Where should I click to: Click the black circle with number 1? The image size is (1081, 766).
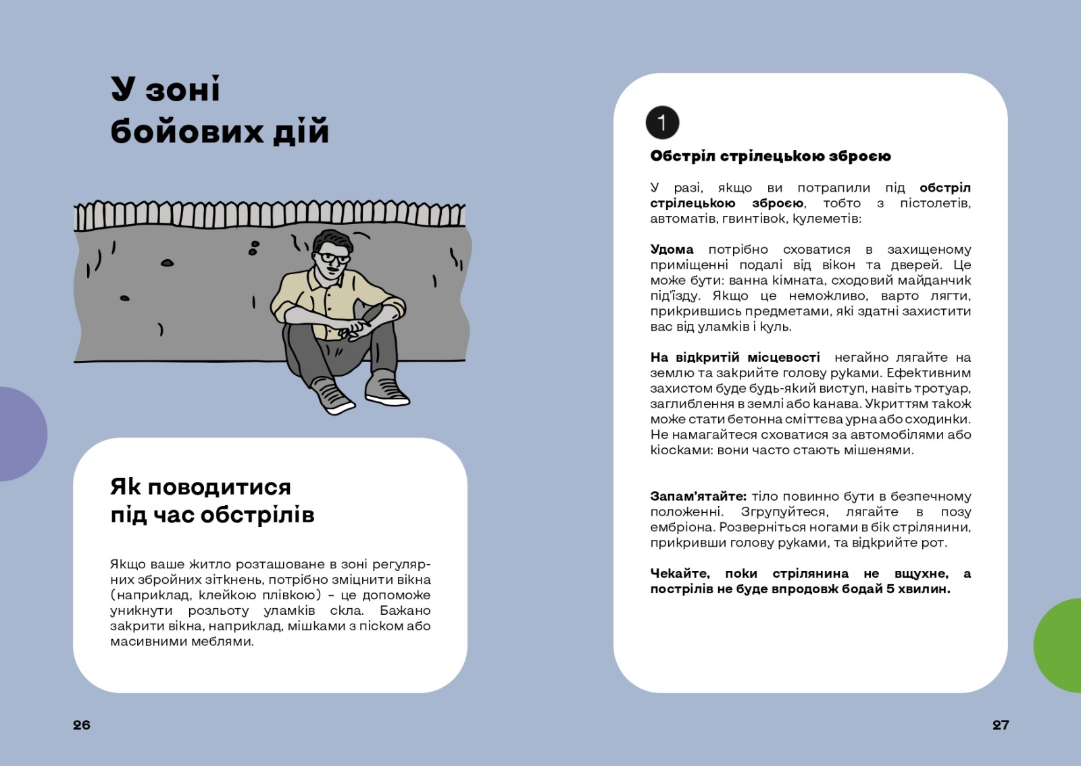[662, 122]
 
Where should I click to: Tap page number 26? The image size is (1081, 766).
[82, 725]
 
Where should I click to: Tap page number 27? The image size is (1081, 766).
[1000, 725]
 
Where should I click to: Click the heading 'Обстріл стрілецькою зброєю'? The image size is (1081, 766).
[770, 156]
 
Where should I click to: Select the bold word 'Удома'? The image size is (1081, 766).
[672, 250]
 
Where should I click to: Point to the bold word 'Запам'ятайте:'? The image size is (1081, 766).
[698, 496]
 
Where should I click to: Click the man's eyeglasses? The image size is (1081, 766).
[334, 258]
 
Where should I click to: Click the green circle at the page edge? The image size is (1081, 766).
[1060, 645]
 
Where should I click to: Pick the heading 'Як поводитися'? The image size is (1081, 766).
[201, 487]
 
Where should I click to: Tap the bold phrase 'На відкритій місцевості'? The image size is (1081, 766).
[735, 357]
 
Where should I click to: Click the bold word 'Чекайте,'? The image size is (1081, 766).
[680, 574]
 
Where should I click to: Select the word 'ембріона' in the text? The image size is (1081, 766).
[682, 527]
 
